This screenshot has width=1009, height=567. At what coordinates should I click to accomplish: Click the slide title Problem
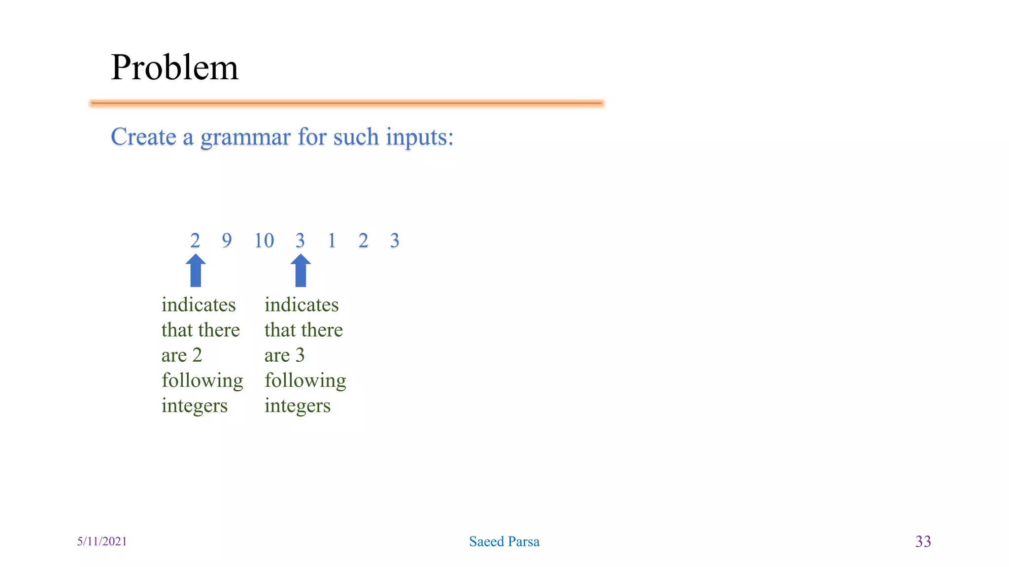174,67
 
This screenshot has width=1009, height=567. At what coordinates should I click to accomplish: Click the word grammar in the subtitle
245,137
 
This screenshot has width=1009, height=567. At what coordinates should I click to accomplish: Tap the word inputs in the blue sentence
419,137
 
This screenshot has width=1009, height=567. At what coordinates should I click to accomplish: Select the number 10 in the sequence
264,241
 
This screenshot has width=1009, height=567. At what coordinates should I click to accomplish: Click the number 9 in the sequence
227,241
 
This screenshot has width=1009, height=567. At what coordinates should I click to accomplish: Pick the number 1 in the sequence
332,241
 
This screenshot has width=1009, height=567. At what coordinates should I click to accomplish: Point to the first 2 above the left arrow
195,241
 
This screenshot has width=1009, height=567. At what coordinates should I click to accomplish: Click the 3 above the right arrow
300,241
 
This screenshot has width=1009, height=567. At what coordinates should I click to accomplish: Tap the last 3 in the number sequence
395,241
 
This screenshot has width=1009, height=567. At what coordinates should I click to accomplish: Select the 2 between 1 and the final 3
363,241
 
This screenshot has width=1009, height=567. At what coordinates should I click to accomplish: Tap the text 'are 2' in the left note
182,355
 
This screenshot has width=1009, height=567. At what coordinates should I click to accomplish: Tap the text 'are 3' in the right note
285,355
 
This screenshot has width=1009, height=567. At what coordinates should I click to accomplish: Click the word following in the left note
202,381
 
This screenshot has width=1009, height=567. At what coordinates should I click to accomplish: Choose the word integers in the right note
298,406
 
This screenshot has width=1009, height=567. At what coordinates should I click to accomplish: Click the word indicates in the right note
302,305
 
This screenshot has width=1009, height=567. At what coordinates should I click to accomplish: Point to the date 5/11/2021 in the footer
102,541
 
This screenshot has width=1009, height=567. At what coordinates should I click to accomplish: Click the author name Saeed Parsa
504,541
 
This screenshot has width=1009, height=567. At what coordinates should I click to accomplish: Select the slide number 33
923,541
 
